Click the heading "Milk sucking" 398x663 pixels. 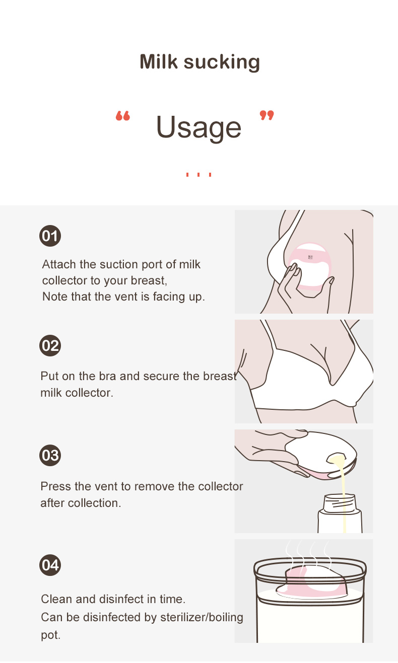coord(200,62)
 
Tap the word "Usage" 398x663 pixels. coord(198,127)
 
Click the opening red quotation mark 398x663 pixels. coord(123,116)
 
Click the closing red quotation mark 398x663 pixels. coord(267,115)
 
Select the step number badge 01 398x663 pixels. coord(50,236)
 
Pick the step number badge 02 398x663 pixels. coord(50,345)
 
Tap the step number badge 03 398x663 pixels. coord(50,455)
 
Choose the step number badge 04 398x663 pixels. coord(50,565)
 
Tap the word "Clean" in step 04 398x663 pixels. coord(56,599)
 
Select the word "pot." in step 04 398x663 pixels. coord(51,635)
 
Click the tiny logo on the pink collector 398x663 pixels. coord(310,257)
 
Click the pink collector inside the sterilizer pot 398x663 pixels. coord(312,581)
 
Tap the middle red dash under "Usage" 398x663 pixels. coord(198,175)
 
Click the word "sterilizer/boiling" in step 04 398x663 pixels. coord(202,617)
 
